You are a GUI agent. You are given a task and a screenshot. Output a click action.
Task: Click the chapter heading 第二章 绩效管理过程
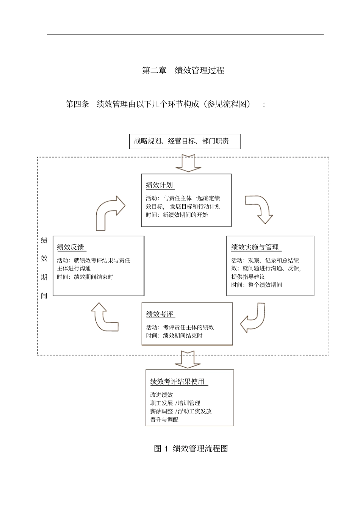[183, 70]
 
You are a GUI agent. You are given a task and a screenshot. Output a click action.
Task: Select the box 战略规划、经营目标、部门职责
[185, 142]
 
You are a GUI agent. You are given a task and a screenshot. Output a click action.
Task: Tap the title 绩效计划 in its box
[160, 185]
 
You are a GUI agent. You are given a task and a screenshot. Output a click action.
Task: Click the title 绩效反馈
[71, 247]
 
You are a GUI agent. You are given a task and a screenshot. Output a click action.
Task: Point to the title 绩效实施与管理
[255, 247]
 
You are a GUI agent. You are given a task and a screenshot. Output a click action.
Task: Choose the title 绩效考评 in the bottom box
[160, 314]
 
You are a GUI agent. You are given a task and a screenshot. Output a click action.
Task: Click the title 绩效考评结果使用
[177, 382]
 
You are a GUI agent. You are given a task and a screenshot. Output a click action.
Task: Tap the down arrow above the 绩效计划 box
[188, 163]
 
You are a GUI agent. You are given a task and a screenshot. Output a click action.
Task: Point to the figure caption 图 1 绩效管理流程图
[191, 449]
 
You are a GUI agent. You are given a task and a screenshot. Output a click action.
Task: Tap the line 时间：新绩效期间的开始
[177, 215]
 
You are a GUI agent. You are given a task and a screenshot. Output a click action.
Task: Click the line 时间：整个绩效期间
[257, 285]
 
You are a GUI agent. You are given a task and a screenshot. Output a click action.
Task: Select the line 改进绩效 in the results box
[161, 395]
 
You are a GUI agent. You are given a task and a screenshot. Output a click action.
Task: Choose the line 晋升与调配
[164, 420]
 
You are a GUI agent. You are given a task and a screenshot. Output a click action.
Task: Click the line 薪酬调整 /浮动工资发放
[181, 411]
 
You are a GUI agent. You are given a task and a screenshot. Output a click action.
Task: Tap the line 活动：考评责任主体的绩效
[180, 327]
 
